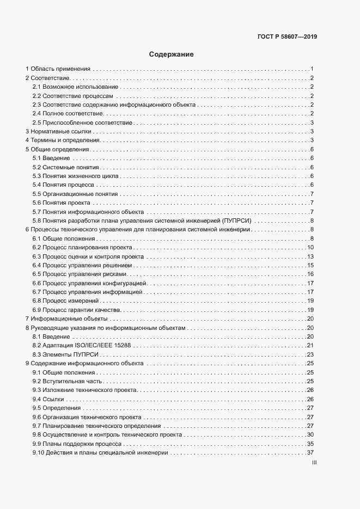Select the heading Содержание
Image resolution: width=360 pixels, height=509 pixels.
172,54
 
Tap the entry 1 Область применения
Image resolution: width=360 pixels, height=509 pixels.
58,69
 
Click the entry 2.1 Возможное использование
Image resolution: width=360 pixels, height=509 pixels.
75,87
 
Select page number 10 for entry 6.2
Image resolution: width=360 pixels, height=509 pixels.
309,248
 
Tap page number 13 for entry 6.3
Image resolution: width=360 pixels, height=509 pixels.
309,256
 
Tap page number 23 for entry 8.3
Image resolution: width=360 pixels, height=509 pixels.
309,354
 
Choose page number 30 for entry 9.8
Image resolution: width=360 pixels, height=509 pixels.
309,434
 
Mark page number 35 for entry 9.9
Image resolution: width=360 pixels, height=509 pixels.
309,444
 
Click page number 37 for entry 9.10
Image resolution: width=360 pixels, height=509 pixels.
309,452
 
